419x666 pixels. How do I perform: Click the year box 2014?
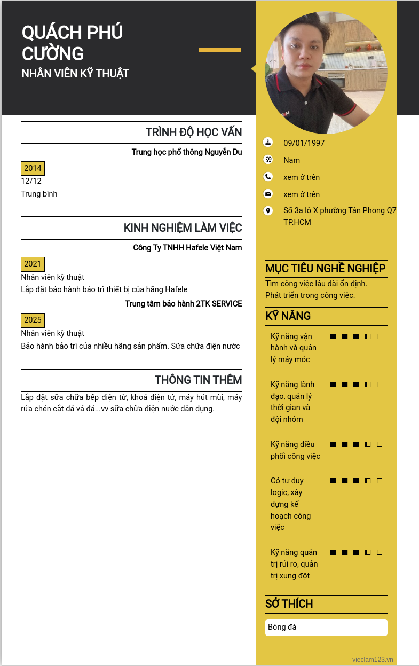(x=33, y=168)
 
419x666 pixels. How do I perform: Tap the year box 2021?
(x=33, y=264)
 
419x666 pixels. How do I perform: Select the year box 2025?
(x=33, y=320)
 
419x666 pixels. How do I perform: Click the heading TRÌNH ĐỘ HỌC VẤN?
(x=194, y=132)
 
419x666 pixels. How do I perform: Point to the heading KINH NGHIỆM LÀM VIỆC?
(x=183, y=228)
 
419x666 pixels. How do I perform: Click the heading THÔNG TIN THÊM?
(x=198, y=380)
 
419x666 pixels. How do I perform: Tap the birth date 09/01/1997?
(x=304, y=143)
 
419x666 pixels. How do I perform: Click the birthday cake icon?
(x=268, y=143)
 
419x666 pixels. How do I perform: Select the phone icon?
(x=268, y=177)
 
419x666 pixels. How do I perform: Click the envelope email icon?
(x=268, y=194)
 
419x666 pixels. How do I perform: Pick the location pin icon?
(x=268, y=211)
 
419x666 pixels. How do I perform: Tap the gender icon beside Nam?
(x=268, y=160)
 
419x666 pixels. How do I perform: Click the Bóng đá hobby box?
(x=326, y=627)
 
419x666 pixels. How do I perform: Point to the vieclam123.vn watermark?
(x=373, y=660)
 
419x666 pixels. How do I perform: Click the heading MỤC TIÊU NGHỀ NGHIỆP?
(x=325, y=268)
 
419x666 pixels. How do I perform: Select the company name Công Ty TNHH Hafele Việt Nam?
(x=187, y=248)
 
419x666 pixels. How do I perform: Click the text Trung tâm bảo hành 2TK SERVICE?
(x=184, y=304)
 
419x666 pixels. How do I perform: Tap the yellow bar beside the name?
(x=219, y=50)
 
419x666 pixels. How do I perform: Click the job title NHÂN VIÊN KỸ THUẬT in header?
(x=75, y=74)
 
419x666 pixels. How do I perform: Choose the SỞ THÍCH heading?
(x=289, y=604)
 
